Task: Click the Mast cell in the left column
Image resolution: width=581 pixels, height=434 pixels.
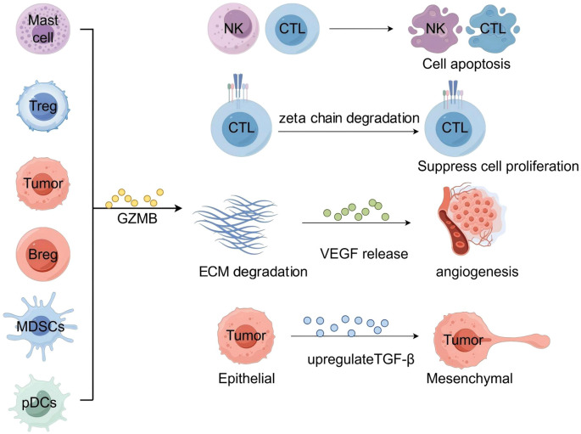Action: (x=43, y=28)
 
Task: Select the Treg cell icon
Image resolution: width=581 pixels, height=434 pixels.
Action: (x=43, y=107)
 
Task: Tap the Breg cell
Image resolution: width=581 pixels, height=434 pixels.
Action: (x=43, y=254)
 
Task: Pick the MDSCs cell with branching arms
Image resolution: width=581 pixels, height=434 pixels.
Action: (x=40, y=326)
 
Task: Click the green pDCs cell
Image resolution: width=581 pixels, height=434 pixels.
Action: (x=40, y=403)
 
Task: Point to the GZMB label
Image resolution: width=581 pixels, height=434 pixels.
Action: (x=137, y=218)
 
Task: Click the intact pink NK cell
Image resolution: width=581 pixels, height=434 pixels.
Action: (x=233, y=29)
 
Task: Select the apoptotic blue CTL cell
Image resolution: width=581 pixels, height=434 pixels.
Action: (x=493, y=29)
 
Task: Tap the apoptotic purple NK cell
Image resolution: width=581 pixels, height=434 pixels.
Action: (x=435, y=29)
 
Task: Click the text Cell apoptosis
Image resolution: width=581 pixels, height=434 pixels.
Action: (x=466, y=64)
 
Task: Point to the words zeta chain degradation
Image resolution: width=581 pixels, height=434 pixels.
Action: (x=349, y=118)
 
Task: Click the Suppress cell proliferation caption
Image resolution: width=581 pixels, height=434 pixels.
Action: (x=498, y=166)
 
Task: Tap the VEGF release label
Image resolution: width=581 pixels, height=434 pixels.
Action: (x=364, y=254)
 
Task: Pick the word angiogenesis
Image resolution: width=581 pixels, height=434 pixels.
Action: (x=477, y=272)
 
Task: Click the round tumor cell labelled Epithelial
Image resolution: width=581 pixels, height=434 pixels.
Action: (x=246, y=335)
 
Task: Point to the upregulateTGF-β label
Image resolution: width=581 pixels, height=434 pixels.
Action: (x=361, y=359)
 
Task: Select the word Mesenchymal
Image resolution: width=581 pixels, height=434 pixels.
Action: (x=470, y=378)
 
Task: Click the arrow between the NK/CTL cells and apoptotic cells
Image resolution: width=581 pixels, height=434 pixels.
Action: (x=361, y=29)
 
